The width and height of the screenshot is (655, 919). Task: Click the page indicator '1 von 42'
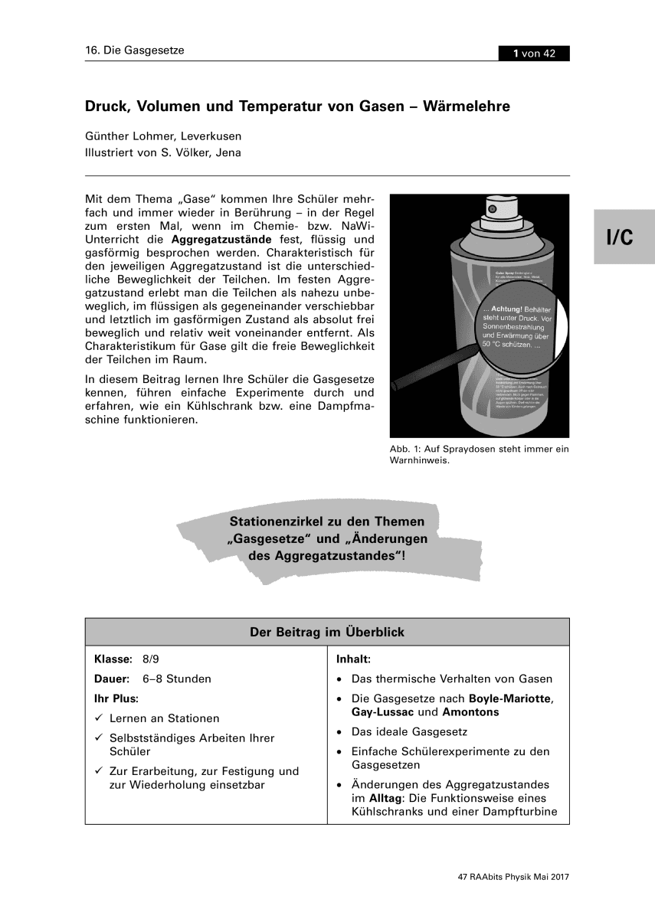tap(534, 53)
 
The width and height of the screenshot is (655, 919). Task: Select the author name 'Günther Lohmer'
tap(131, 136)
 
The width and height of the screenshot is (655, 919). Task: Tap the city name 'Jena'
tap(227, 152)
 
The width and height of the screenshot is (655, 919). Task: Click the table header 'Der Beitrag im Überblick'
tap(327, 633)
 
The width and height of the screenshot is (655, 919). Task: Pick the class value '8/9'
tap(151, 659)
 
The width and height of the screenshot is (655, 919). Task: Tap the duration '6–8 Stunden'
tap(176, 679)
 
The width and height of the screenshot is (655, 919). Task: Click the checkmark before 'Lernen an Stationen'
tap(99, 718)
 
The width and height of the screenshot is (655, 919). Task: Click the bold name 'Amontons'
tap(470, 712)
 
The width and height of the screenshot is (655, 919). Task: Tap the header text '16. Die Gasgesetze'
tap(135, 51)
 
